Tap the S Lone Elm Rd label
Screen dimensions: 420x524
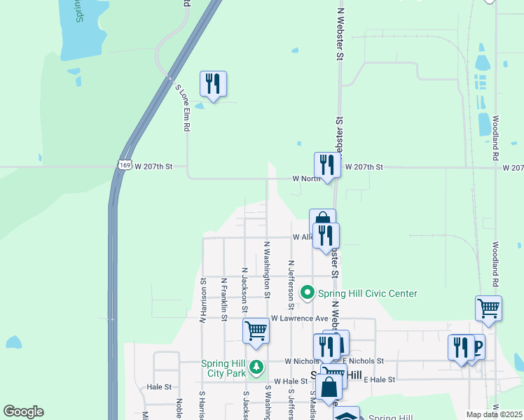184,108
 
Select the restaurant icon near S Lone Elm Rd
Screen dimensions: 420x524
212,85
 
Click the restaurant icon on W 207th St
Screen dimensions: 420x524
327,165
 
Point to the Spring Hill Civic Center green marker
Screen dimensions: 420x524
307,293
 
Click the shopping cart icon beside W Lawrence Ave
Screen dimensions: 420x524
256,330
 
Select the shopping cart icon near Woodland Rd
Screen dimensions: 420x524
488,308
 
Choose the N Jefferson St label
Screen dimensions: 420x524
291,285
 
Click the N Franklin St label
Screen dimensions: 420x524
223,300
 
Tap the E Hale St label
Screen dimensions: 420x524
380,379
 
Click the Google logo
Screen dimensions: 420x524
24,412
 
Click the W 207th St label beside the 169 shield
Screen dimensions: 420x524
153,167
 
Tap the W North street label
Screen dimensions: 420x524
307,178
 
